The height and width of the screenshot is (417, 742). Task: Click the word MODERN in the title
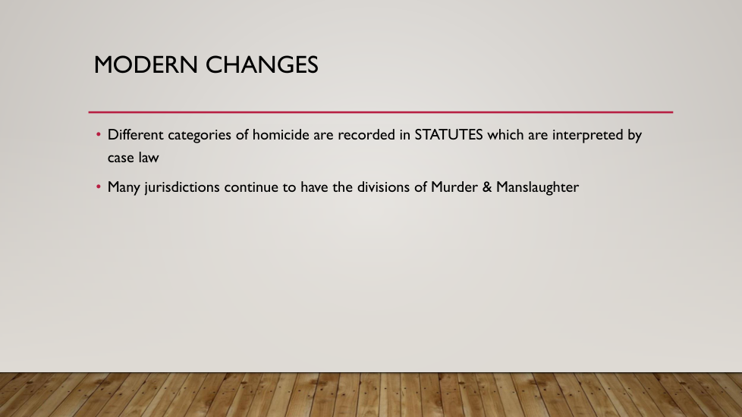[x=146, y=64]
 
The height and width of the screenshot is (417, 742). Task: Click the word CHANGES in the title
[x=262, y=64]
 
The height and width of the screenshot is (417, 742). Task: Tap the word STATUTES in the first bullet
[x=448, y=135]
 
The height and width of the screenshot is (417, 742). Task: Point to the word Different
[x=135, y=135]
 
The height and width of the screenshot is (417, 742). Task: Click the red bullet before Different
[x=99, y=135]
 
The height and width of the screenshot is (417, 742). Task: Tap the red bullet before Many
[x=99, y=187]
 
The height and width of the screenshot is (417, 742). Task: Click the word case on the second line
[x=121, y=158]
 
